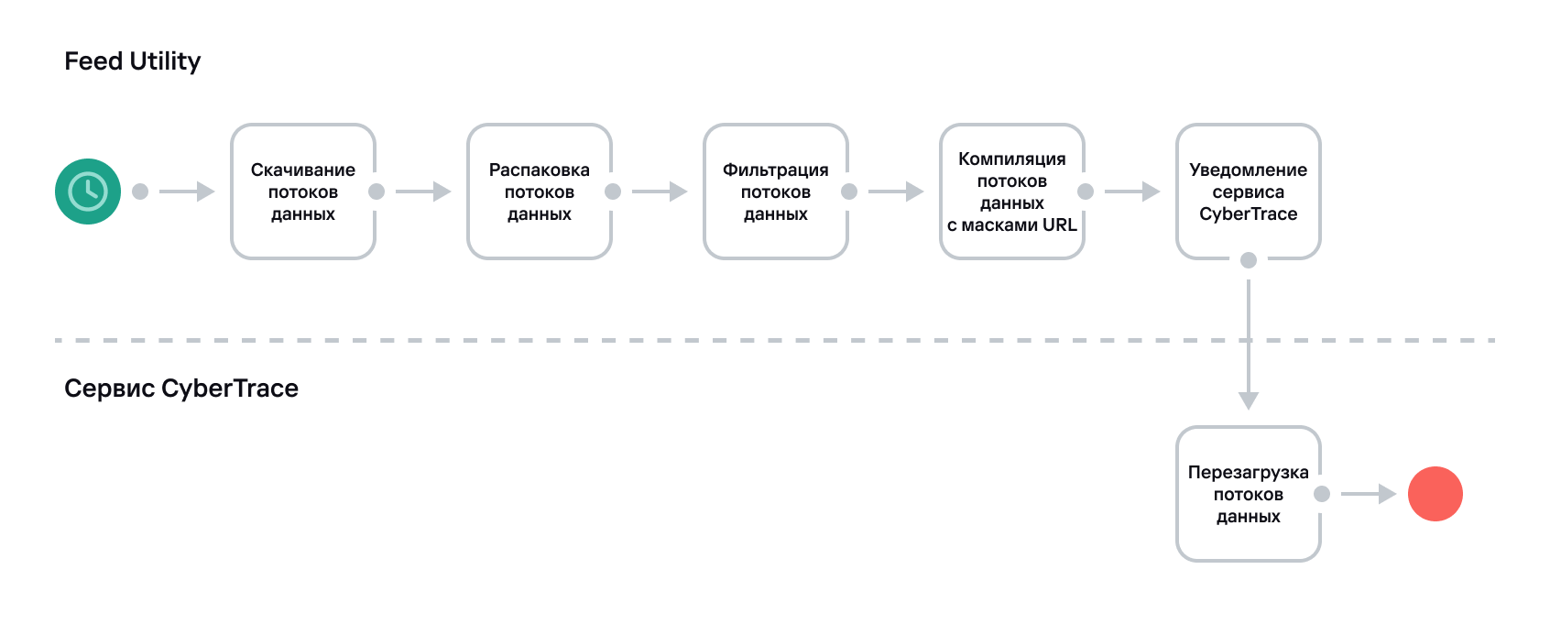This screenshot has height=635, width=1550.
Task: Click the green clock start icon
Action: [x=88, y=192]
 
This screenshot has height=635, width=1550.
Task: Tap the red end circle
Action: [x=1435, y=494]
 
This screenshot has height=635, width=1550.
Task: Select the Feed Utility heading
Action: [x=132, y=61]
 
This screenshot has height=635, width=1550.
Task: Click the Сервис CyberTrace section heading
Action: [x=181, y=389]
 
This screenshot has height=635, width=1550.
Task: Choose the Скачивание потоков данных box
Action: [x=303, y=192]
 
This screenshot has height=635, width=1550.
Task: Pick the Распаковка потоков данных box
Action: [x=540, y=192]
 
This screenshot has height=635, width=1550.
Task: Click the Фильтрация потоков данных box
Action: [x=776, y=192]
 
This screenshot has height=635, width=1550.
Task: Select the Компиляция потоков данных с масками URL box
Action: [x=1012, y=192]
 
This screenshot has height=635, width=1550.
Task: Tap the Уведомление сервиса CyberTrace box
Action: [x=1249, y=192]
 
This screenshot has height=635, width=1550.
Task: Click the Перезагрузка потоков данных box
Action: [x=1249, y=494]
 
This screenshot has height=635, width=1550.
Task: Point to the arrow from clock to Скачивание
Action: [x=188, y=192]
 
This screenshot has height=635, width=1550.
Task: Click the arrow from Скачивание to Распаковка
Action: [x=424, y=192]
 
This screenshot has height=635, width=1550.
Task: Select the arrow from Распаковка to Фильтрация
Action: [x=660, y=192]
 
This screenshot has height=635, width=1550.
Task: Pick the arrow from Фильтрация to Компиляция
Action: [x=897, y=192]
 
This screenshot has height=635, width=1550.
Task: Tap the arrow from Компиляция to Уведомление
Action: [x=1133, y=192]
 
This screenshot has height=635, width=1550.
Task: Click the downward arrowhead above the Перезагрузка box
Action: [x=1249, y=400]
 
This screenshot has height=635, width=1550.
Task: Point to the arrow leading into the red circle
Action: [x=1370, y=494]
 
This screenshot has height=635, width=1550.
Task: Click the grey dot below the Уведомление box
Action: [x=1249, y=260]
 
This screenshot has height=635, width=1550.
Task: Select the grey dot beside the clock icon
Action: [x=140, y=192]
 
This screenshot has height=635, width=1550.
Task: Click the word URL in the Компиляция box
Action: [x=1059, y=225]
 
